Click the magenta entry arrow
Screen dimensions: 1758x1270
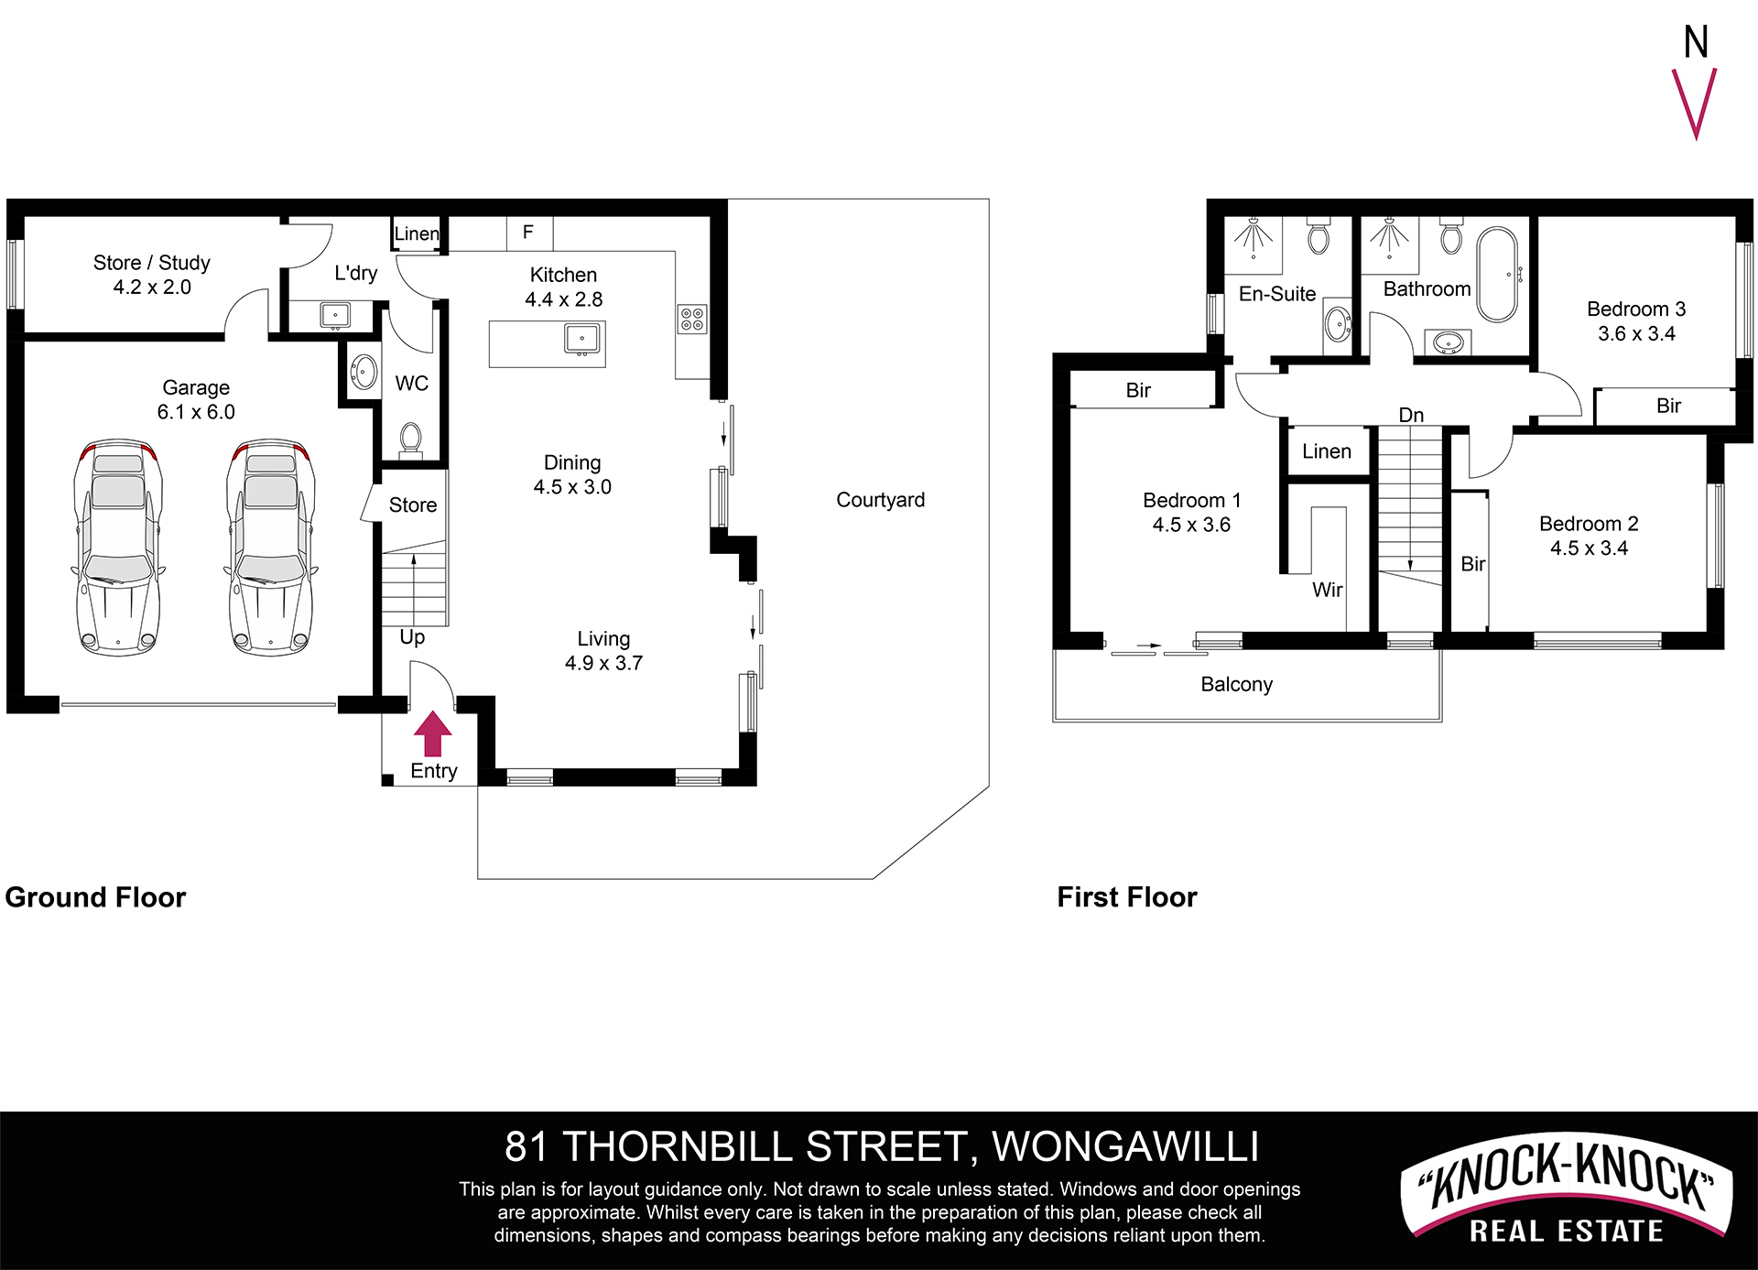coord(433,734)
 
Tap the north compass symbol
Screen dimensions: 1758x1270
coord(1695,82)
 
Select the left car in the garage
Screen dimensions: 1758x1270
coord(117,547)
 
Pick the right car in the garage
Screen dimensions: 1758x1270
coord(271,547)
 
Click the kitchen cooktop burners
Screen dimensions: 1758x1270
coord(692,319)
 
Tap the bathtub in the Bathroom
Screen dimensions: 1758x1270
coord(1497,274)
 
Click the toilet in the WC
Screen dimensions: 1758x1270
coord(410,440)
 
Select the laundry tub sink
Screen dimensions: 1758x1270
coord(335,315)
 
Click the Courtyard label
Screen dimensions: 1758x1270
coord(880,500)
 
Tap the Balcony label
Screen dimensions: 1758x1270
coord(1236,684)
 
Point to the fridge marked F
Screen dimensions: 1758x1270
coord(529,233)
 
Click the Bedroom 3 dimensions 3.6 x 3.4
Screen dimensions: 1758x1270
coord(1636,333)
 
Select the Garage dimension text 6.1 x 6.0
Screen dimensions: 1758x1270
coord(196,412)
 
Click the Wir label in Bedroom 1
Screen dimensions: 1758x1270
coord(1327,590)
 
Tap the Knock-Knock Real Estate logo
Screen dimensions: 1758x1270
coord(1567,1193)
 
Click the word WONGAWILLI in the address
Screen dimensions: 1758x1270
coord(1125,1146)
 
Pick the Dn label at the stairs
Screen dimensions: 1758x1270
coord(1411,415)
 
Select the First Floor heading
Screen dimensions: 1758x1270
coord(1127,896)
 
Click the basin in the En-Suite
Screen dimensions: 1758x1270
coord(1338,323)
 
